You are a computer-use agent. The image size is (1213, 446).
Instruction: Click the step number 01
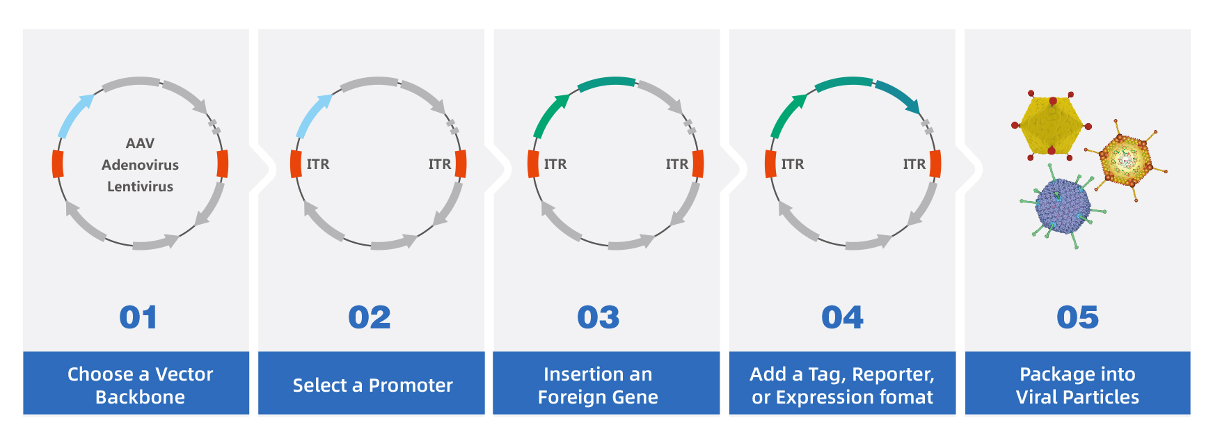(138, 318)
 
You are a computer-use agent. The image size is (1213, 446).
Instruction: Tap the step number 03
(598, 318)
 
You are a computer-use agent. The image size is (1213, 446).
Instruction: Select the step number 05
(1077, 318)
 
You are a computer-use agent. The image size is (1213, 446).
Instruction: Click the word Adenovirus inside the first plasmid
(140, 165)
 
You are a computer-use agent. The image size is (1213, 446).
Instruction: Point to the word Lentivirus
(140, 186)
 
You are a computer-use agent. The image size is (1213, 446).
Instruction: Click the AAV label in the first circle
(140, 143)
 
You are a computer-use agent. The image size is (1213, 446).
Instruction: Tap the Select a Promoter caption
(372, 385)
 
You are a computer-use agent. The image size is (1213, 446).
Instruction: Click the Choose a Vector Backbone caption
(140, 385)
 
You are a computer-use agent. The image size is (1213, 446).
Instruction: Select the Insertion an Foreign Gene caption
(598, 385)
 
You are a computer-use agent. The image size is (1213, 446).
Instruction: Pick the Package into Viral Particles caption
(1077, 385)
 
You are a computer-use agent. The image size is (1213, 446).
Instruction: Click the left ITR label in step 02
(318, 164)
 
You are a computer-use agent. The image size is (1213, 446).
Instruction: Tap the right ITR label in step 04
(914, 164)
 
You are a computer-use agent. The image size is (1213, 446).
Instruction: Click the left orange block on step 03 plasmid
(533, 164)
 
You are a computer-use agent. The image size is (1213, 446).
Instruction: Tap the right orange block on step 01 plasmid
(223, 164)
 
